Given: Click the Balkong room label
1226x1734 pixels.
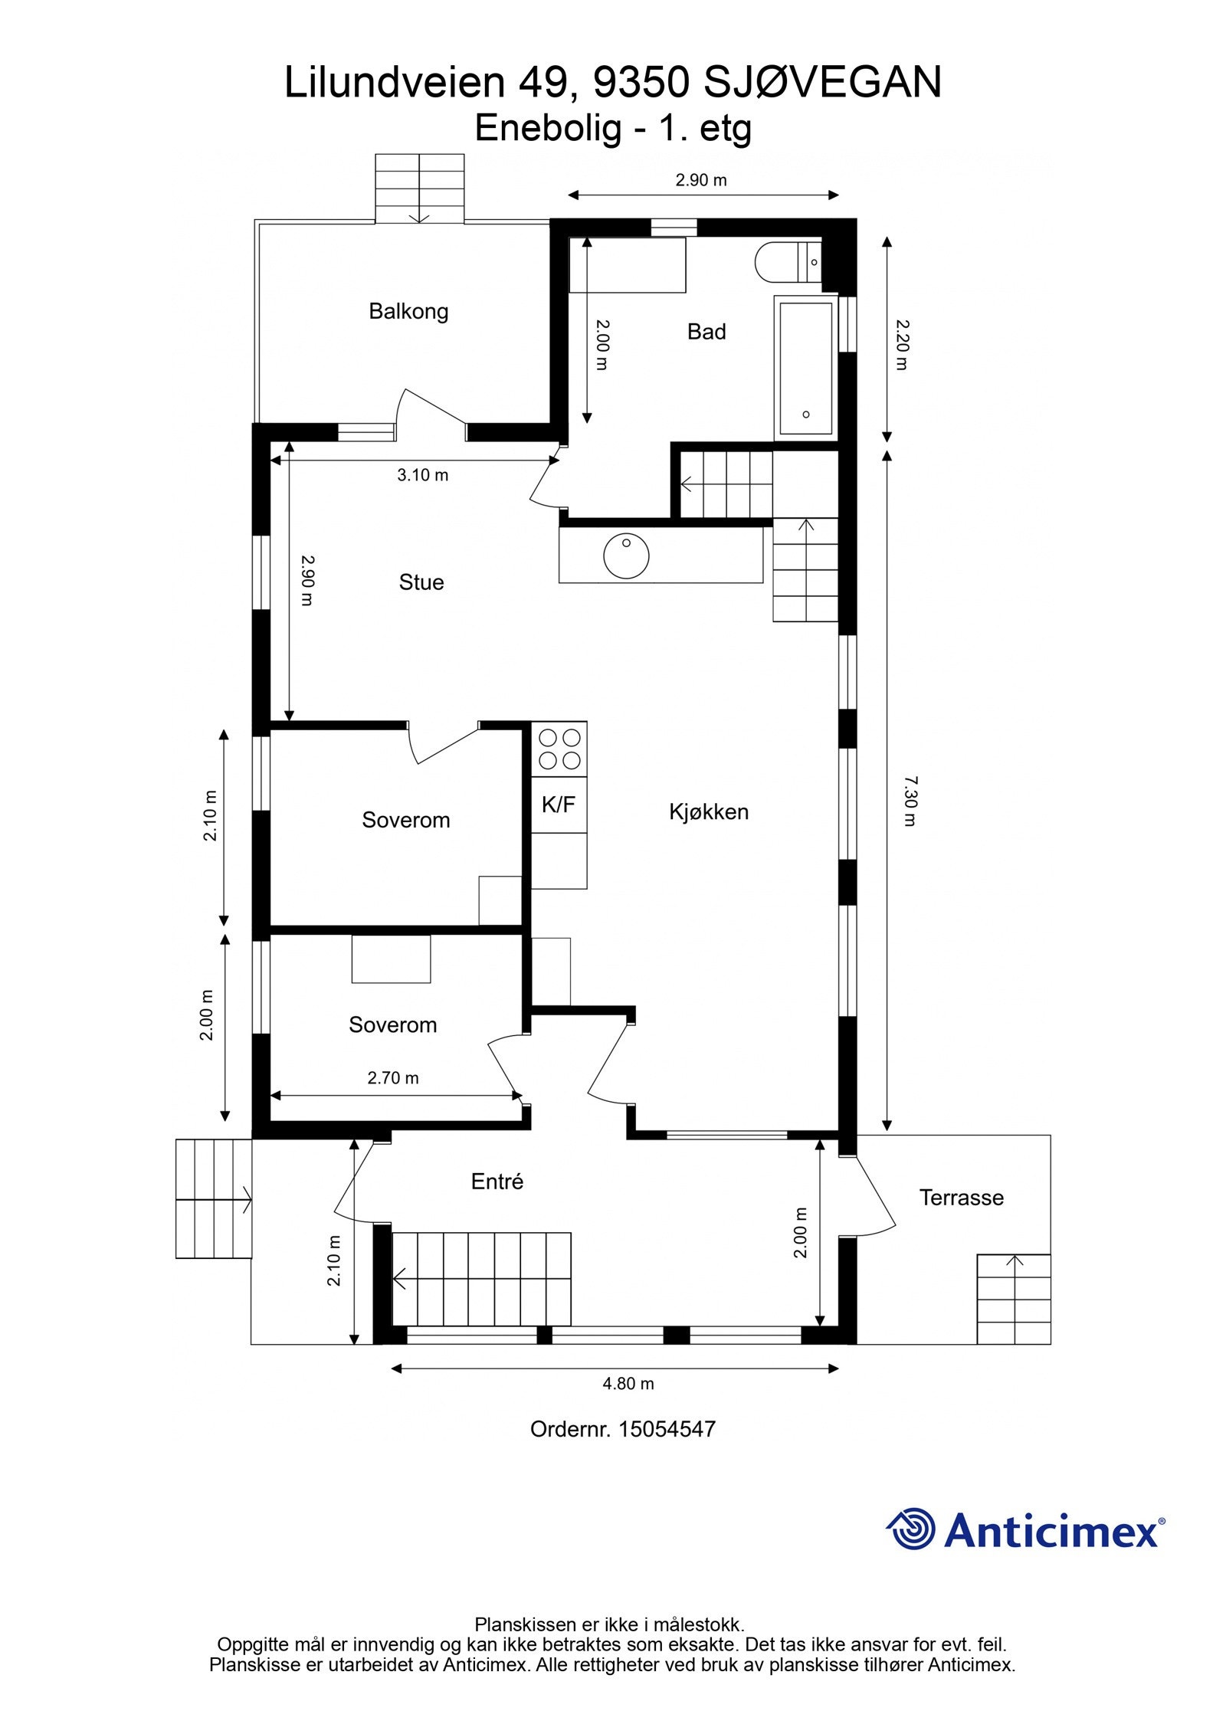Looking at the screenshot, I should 408,311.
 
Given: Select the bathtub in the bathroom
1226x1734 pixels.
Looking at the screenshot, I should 805,368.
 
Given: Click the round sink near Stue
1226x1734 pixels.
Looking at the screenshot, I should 626,555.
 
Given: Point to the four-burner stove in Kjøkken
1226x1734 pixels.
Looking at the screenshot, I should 559,749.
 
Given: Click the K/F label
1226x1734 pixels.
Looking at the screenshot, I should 558,805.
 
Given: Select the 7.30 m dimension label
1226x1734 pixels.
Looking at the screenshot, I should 910,801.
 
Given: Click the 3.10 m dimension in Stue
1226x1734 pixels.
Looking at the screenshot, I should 422,475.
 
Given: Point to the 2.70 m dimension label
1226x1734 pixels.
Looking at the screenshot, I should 393,1078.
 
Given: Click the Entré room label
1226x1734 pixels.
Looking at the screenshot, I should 497,1182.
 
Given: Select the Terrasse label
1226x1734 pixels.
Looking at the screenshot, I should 961,1198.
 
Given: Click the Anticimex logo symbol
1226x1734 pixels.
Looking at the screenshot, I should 911,1529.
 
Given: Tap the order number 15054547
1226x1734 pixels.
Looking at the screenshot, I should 666,1429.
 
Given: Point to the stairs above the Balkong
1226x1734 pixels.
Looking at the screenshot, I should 419,188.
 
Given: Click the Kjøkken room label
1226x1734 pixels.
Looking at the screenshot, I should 708,812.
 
